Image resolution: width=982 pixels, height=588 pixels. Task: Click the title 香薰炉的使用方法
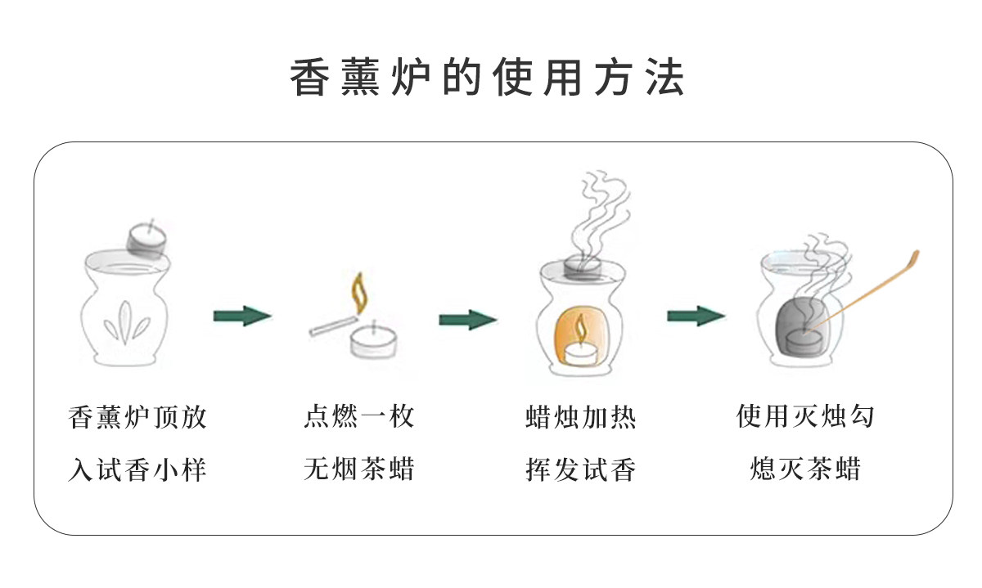click(488, 79)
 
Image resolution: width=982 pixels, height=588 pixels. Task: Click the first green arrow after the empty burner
click(242, 316)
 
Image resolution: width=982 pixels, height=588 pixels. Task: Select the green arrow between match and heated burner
click(467, 319)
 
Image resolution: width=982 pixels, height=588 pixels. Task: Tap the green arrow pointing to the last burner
click(696, 316)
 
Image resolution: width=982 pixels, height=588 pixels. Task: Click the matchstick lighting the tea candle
click(331, 324)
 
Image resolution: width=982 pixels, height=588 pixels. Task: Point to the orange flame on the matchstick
click(358, 290)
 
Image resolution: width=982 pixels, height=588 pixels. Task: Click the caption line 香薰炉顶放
click(137, 417)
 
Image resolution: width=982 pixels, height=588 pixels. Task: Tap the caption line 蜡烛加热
click(580, 417)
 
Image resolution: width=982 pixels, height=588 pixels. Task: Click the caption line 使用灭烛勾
click(805, 416)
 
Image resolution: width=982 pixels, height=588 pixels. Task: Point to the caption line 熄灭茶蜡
click(805, 469)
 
